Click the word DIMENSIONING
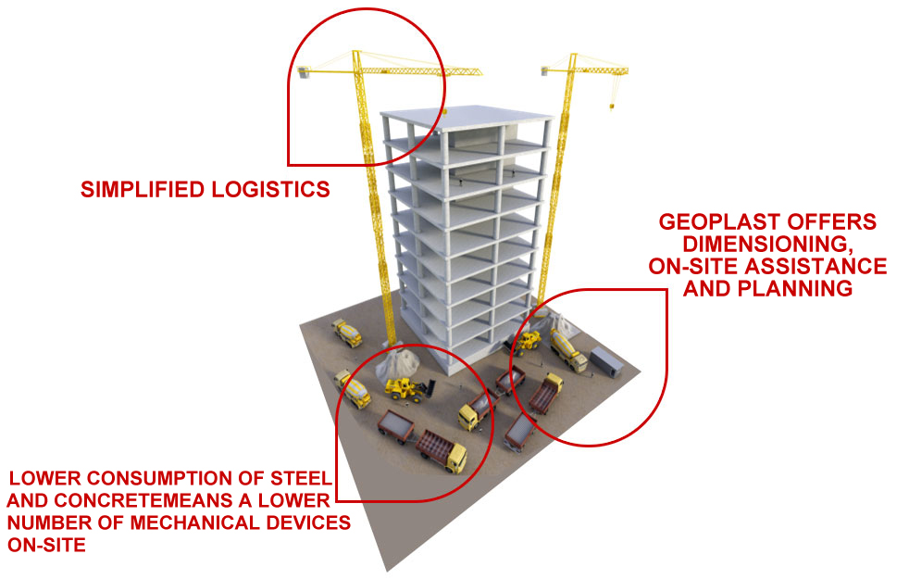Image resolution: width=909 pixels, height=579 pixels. click(x=766, y=245)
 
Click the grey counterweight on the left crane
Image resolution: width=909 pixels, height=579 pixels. click(x=305, y=70)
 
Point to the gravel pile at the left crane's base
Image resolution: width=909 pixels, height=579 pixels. click(x=405, y=361)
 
